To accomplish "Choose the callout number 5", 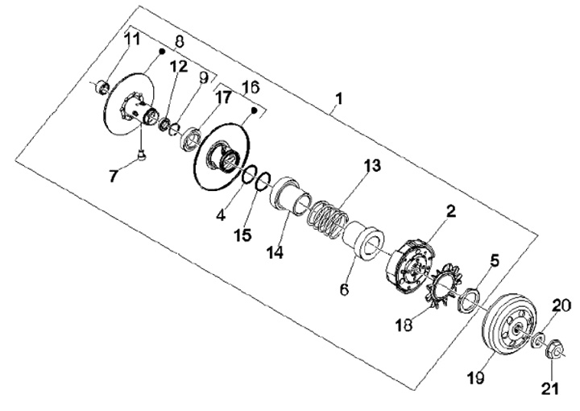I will click(495, 260).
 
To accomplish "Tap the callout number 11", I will click(131, 39).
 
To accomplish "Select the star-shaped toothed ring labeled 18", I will click(441, 291).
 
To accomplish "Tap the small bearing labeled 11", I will click(103, 86).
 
